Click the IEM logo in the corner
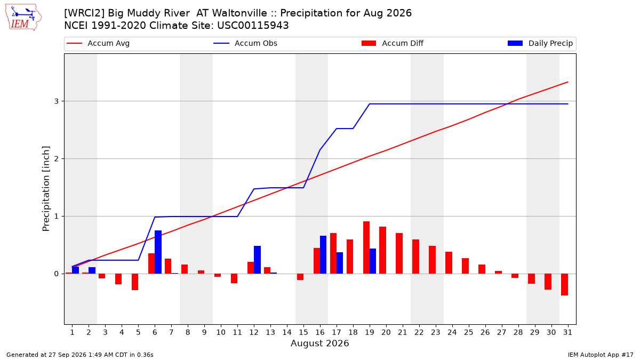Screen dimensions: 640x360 coord(23,18)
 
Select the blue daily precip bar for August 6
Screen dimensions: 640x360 coord(158,252)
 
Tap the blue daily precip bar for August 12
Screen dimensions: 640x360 coord(257,260)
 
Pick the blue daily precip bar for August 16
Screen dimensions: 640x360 coord(323,254)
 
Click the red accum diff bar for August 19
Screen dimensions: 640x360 coord(366,247)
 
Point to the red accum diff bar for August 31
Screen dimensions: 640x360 coord(565,285)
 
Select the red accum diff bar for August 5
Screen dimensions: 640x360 coord(135,282)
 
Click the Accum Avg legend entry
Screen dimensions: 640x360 coord(98,43)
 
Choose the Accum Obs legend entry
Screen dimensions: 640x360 coord(245,43)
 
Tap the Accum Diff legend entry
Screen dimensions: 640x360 coord(393,43)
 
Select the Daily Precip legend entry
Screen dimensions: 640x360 coord(540,43)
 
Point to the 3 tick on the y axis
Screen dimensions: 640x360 coord(57,101)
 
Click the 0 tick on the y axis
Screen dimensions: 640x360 coord(57,274)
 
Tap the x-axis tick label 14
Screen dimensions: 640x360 coord(287,332)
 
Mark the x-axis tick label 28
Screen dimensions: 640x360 coord(518,332)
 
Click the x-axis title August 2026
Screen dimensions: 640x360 coord(319,343)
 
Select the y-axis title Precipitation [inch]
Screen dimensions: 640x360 coord(46,189)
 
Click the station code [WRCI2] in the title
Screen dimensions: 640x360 coord(84,13)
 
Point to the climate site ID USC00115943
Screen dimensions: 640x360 coord(253,26)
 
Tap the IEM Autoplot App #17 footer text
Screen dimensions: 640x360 coord(601,355)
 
